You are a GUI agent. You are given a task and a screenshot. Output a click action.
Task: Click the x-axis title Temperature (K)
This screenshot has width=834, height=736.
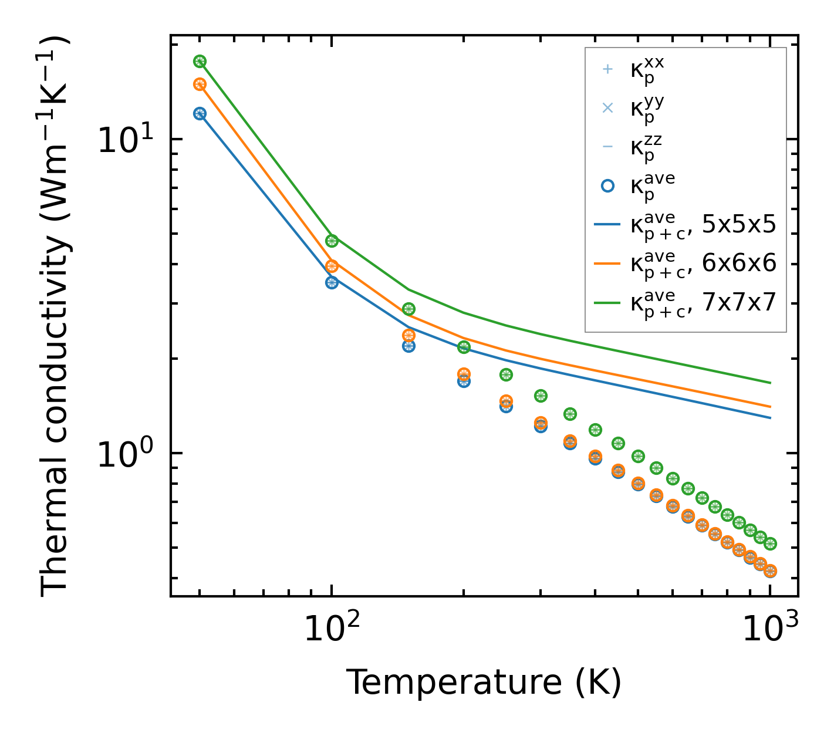(484, 682)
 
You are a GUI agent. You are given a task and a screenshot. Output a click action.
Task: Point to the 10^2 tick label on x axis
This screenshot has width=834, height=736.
(332, 629)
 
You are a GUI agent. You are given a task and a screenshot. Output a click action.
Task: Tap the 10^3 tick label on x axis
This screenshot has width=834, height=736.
(770, 629)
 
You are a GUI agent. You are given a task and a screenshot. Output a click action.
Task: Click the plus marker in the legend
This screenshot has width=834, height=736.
(607, 69)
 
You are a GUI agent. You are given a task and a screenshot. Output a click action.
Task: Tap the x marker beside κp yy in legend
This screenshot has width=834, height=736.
(607, 108)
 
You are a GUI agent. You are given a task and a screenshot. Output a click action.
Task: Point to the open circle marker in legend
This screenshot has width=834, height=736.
(607, 186)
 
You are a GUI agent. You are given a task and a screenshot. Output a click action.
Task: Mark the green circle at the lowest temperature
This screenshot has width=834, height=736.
(200, 62)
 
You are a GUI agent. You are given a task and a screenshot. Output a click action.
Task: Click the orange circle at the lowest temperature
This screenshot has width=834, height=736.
(200, 85)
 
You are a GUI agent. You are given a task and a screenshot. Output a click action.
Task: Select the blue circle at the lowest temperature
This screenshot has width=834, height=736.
(200, 114)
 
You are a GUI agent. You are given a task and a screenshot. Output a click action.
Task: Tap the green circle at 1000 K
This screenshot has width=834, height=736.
(770, 543)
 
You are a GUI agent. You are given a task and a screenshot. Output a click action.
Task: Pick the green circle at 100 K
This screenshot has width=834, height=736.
(332, 241)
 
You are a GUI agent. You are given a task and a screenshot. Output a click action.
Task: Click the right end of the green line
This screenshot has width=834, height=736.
(770, 383)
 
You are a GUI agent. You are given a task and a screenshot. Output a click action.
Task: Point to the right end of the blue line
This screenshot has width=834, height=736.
(770, 418)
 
